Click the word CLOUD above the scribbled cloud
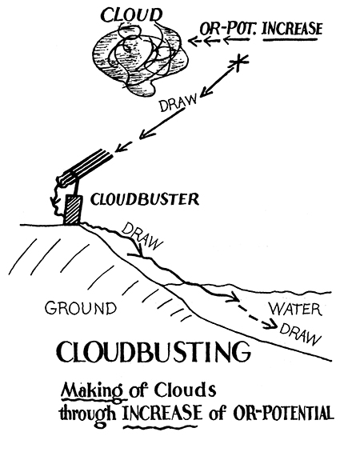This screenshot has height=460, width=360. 131,14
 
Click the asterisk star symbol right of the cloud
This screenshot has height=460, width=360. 239,62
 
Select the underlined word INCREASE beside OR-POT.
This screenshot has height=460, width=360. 292,29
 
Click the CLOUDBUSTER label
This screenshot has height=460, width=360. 145,199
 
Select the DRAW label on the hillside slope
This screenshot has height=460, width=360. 142,236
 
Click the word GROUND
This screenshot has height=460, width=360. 81,308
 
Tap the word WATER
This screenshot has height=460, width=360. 295,310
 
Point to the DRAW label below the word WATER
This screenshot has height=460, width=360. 299,334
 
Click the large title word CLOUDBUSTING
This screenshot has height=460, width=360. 154,351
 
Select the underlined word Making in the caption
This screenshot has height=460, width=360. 93,391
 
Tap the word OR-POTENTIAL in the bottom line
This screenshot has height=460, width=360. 283,414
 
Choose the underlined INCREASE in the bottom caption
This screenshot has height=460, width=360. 163,414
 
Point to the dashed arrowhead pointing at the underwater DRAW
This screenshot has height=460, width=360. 271,323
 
